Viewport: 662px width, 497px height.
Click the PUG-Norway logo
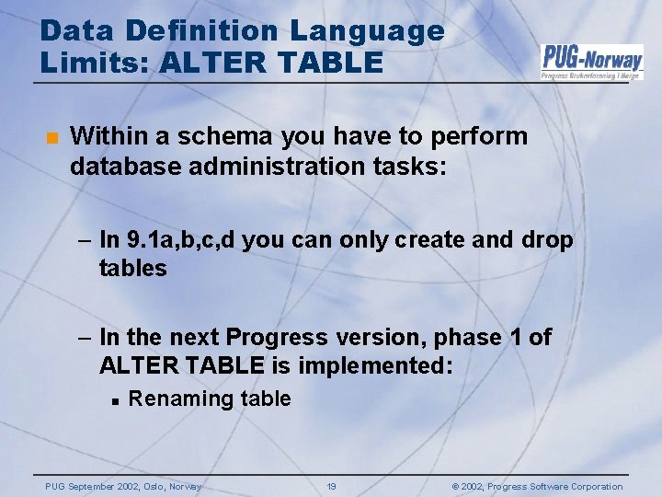point(591,61)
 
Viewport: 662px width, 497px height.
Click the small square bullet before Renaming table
point(109,400)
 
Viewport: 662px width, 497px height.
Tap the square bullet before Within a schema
point(51,139)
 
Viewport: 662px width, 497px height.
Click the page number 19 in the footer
point(332,486)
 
